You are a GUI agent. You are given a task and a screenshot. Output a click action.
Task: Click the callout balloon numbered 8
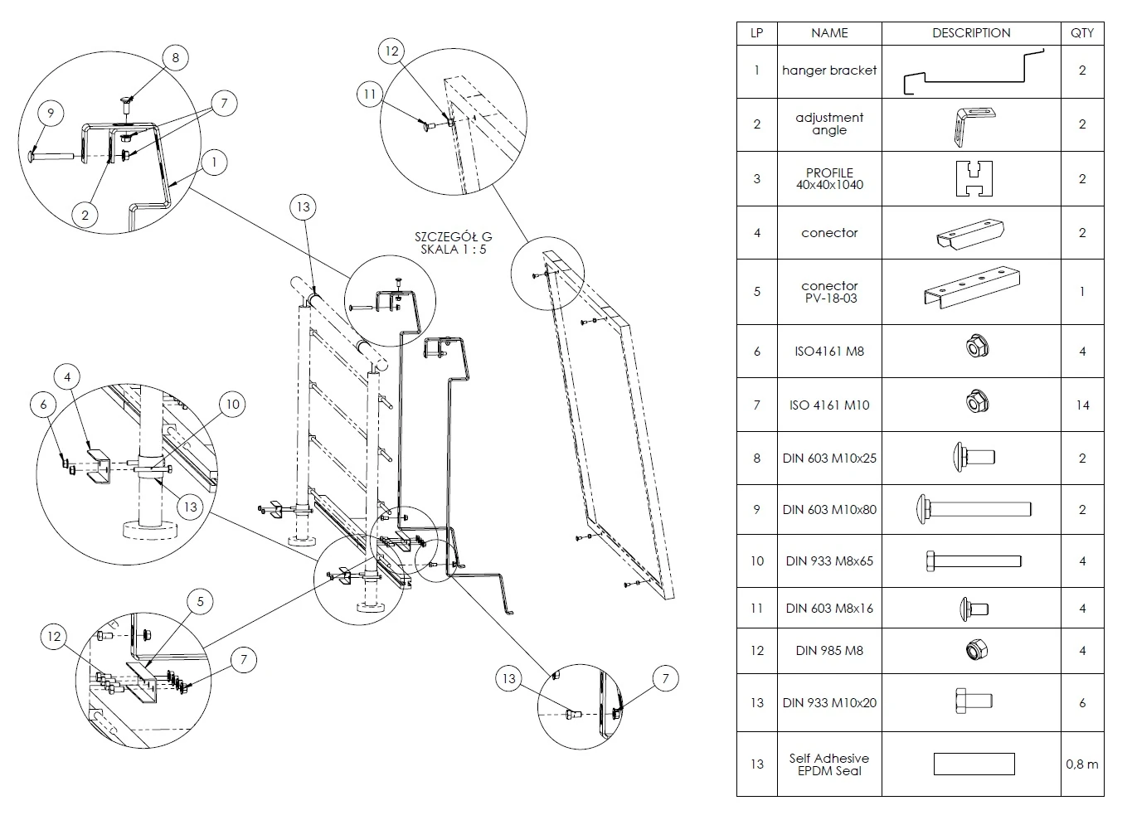pos(175,57)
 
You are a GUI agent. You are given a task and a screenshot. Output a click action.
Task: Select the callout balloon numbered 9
pos(50,113)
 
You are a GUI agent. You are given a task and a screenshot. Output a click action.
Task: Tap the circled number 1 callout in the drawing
pos(214,163)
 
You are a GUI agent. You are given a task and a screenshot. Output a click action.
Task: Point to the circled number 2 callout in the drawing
pos(85,215)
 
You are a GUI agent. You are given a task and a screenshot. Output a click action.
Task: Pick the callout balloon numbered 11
pos(370,94)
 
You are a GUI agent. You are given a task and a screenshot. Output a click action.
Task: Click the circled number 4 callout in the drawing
pos(68,377)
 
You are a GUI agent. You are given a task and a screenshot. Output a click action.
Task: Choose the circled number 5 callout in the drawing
pos(199,601)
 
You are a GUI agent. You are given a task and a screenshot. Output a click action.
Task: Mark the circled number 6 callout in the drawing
pos(43,405)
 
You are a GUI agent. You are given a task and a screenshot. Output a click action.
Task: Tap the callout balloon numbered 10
pos(233,404)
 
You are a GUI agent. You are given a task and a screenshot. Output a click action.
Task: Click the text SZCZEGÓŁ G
pos(454,237)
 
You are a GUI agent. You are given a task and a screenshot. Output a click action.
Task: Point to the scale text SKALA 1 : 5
pos(454,250)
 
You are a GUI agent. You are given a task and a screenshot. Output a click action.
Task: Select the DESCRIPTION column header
pos(971,33)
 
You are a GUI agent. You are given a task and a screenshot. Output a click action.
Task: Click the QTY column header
pos(1082,33)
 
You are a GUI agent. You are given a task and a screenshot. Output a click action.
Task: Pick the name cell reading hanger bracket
pos(829,70)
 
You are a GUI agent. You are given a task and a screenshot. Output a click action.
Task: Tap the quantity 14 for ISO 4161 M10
pos(1082,405)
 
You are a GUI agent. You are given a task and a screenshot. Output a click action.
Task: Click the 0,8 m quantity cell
pos(1082,764)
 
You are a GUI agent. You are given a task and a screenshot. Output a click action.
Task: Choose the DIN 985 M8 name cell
pos(829,650)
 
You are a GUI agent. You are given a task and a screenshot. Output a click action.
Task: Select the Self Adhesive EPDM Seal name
pos(829,764)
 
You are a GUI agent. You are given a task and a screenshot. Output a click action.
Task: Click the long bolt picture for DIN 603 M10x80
pos(973,509)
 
